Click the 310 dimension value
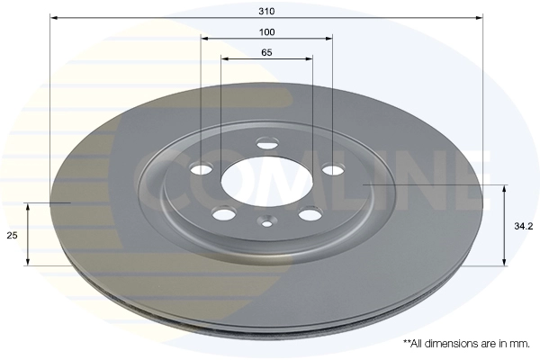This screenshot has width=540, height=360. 266,11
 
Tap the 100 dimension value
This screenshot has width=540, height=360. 267,32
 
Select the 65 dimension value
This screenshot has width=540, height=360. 266,52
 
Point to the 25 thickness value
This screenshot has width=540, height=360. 12,235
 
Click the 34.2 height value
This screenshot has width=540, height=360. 524,226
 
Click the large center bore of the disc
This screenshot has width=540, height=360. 267,181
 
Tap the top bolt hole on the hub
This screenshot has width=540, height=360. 268,143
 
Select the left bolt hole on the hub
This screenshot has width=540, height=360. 202,169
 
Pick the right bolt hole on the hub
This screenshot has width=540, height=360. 332,169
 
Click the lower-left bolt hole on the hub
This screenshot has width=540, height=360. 224,214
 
